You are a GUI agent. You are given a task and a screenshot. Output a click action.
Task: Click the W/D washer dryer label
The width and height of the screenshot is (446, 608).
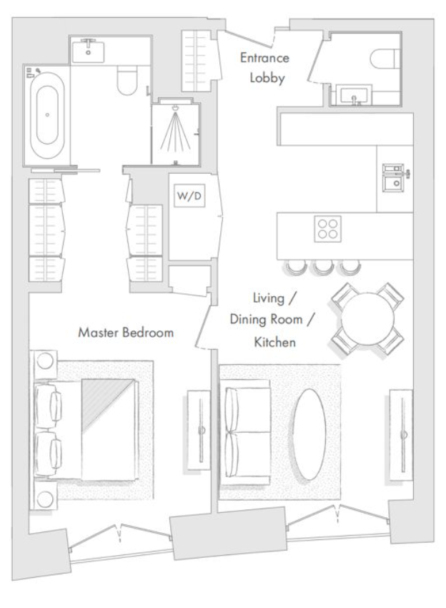[x=189, y=196]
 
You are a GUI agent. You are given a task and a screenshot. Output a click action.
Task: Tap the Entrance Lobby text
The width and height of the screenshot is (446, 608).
[x=265, y=68]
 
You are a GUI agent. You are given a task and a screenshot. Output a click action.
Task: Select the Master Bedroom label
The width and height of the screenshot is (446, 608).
[x=126, y=333]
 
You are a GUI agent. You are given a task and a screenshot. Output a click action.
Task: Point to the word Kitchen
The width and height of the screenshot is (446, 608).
[x=274, y=342]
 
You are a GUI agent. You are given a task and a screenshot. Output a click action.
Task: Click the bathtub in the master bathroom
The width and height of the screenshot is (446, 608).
[x=47, y=115]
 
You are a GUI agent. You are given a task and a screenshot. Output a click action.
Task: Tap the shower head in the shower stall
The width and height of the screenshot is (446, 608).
[x=176, y=107]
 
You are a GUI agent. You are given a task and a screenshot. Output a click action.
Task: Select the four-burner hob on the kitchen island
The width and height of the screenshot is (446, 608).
[x=327, y=229]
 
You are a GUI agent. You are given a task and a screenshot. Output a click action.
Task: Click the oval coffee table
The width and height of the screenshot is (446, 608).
[x=309, y=434]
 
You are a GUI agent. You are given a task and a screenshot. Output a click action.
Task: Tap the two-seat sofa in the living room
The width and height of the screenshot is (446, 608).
[x=245, y=432]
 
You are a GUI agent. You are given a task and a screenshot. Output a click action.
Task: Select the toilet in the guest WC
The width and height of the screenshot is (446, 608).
[x=385, y=58]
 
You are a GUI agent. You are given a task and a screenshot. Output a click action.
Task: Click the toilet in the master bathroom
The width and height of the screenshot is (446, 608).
[x=127, y=80]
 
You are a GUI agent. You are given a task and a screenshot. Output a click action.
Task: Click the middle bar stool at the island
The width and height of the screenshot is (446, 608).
[x=324, y=267]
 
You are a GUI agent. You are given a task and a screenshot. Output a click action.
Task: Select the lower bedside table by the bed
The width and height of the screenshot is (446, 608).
[x=45, y=496]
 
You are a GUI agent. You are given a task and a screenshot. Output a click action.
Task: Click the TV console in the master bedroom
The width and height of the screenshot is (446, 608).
[x=199, y=431]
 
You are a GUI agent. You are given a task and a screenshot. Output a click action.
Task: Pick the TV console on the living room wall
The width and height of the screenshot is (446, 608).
[x=402, y=435]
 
